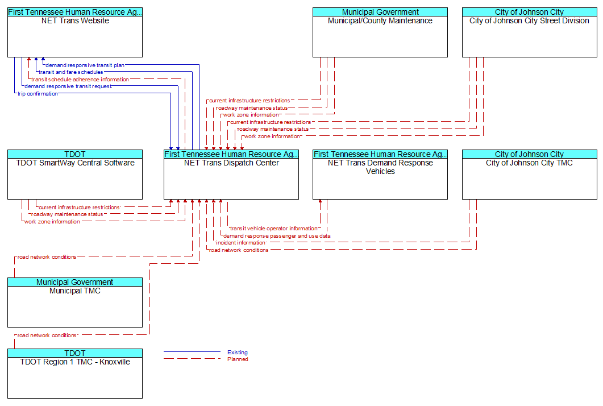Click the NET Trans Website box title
pos(75,21)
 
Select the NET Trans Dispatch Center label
pos(231,163)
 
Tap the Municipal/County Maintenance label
pos(380,21)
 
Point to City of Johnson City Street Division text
pos(529,21)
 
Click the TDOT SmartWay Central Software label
pos(75,163)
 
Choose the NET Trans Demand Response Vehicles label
pos(380,167)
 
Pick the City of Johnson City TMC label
pos(529,163)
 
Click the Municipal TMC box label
pos(75,291)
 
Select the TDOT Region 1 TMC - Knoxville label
pos(75,362)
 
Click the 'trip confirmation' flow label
pos(38,93)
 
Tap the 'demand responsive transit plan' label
pos(85,65)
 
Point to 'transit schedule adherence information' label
pos(80,79)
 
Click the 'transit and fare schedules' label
pos(71,72)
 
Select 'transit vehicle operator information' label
pos(274,229)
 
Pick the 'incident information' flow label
pos(241,243)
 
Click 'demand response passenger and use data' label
pos(277,236)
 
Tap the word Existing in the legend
pos(237,352)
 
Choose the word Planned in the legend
pos(238,359)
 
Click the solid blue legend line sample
pos(192,352)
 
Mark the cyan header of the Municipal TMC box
pos(75,282)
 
